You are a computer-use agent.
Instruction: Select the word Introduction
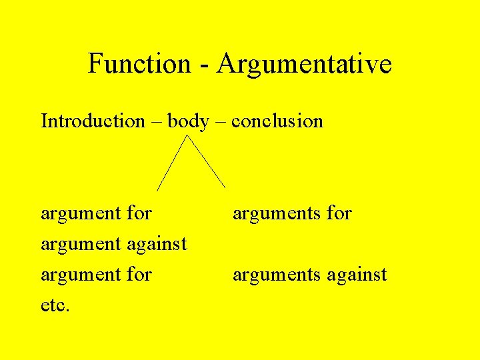click(x=93, y=121)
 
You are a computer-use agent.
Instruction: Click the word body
click(x=188, y=122)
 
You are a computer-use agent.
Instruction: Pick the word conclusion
click(x=277, y=121)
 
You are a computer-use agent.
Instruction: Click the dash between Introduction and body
click(x=156, y=122)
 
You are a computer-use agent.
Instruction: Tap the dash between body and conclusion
click(x=220, y=122)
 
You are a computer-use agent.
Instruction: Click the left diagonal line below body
click(x=172, y=163)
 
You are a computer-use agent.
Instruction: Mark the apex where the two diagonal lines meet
click(x=187, y=136)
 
